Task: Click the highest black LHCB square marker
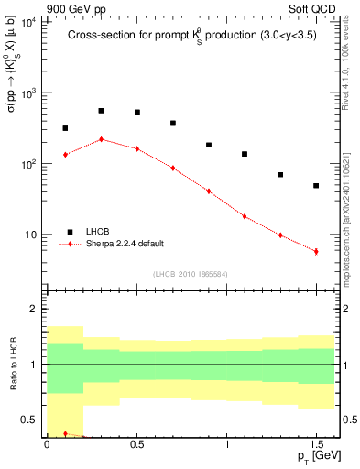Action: (x=102, y=111)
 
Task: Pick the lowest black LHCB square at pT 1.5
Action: (x=316, y=186)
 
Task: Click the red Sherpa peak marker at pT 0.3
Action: (x=102, y=139)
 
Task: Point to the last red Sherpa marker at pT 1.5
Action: (x=316, y=251)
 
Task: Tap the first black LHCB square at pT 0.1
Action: (x=66, y=128)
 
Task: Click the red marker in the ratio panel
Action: (x=66, y=433)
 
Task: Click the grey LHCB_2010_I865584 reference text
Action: (x=190, y=274)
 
